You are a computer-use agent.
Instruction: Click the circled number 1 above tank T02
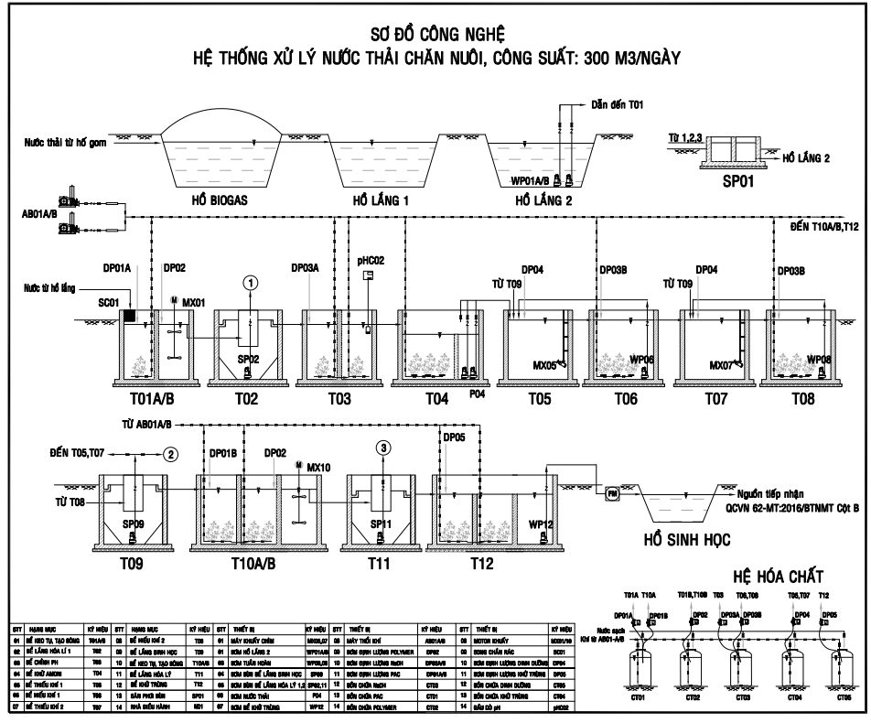tap(249, 284)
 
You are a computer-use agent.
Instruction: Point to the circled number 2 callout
tap(169, 454)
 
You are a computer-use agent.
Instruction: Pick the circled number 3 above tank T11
tap(383, 448)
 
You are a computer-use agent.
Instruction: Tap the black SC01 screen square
tap(129, 316)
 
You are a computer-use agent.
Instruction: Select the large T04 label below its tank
tap(436, 400)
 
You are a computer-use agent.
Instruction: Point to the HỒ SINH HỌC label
tap(686, 540)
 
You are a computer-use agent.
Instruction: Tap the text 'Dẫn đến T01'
tap(618, 105)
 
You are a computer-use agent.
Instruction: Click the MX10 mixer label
tap(319, 467)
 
